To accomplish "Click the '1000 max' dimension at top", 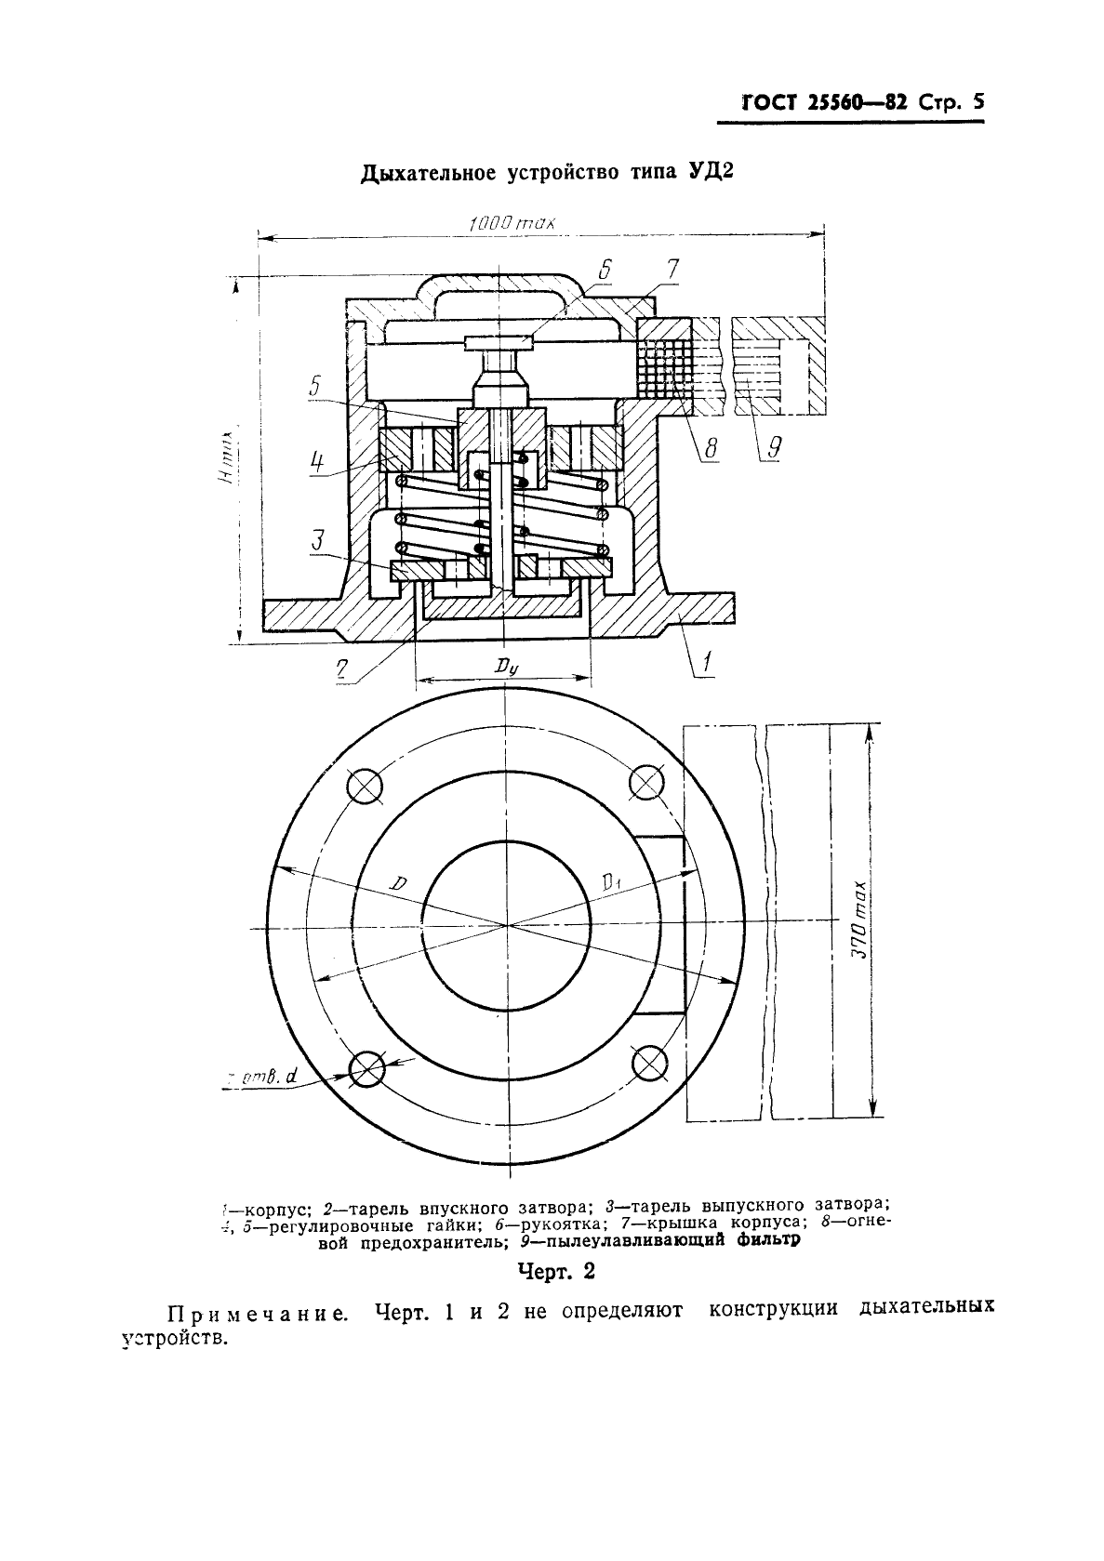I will [x=512, y=224].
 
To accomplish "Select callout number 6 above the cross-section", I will [x=604, y=270].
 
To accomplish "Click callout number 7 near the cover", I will [x=672, y=270].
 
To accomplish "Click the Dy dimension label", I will [x=505, y=666].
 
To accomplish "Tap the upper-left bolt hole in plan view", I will [x=365, y=785].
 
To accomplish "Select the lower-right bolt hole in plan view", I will [x=648, y=1062].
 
